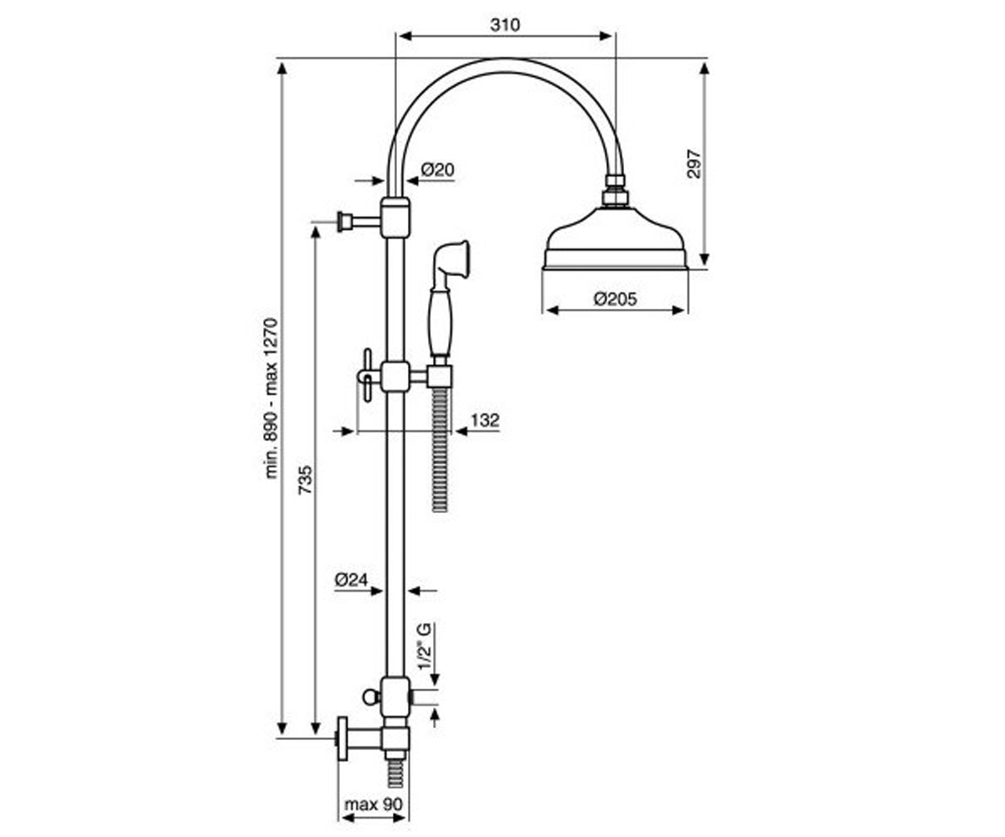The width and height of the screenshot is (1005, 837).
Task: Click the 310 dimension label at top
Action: pos(505,24)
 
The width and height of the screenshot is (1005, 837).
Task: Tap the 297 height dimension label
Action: pos(693,164)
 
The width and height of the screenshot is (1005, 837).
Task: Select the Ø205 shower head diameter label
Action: pos(615,299)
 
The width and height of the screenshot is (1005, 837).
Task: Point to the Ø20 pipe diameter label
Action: pos(437,169)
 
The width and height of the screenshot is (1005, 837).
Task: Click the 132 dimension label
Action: pos(485,420)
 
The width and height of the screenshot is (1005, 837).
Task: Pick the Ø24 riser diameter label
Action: pos(352,580)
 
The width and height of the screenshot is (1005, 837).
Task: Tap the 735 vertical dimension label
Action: pos(306,480)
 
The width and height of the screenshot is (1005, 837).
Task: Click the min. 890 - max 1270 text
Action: pos(271,398)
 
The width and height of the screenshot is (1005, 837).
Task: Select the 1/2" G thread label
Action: pos(425,645)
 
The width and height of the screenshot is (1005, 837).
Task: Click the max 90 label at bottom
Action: pos(374,804)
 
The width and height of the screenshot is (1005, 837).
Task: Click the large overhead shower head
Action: pos(616,238)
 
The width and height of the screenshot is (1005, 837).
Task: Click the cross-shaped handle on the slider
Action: pos(368,375)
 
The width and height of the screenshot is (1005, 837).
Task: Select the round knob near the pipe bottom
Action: pos(371,697)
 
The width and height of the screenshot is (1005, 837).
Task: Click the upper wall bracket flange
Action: pos(342,222)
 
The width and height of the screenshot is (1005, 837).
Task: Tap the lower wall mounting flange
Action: pos(343,738)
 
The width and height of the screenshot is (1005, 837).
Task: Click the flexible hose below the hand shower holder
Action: pos(441,449)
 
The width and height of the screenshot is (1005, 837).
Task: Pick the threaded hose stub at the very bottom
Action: pos(395,775)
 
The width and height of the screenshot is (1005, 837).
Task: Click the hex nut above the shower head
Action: pos(615,198)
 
